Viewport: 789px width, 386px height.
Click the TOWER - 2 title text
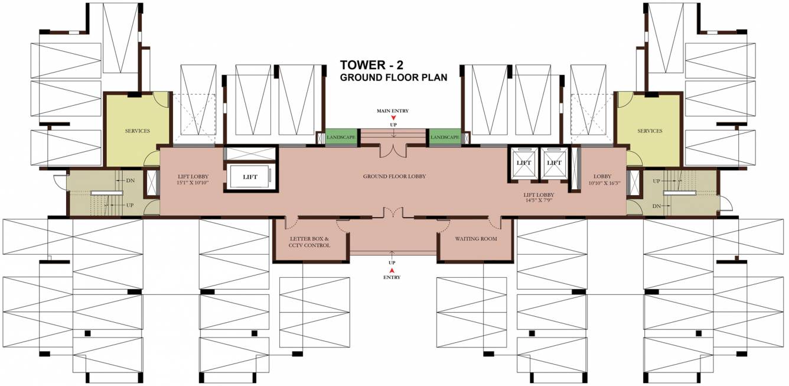click(371, 65)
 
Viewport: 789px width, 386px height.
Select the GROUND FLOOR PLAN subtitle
click(393, 77)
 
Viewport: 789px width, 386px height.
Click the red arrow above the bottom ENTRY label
click(392, 270)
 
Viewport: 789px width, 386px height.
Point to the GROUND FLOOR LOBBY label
click(394, 176)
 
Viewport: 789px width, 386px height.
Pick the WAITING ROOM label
click(476, 239)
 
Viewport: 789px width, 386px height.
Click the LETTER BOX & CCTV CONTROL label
click(309, 242)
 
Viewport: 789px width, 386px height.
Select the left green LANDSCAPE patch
click(341, 137)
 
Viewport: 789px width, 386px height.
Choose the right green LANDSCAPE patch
click(445, 137)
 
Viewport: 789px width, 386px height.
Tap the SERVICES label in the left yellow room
click(138, 131)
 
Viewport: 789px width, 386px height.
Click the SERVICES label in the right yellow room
click(650, 131)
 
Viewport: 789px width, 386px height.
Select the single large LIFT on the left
click(250, 177)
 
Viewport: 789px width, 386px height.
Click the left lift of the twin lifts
click(523, 163)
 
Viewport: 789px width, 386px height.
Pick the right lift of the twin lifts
click(554, 163)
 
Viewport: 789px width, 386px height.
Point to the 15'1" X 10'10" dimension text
click(193, 183)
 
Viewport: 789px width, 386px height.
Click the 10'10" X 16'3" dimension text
click(604, 183)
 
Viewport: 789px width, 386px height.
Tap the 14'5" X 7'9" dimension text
click(539, 200)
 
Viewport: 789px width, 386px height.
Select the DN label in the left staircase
click(131, 180)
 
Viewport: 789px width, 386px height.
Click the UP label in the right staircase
click(656, 181)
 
